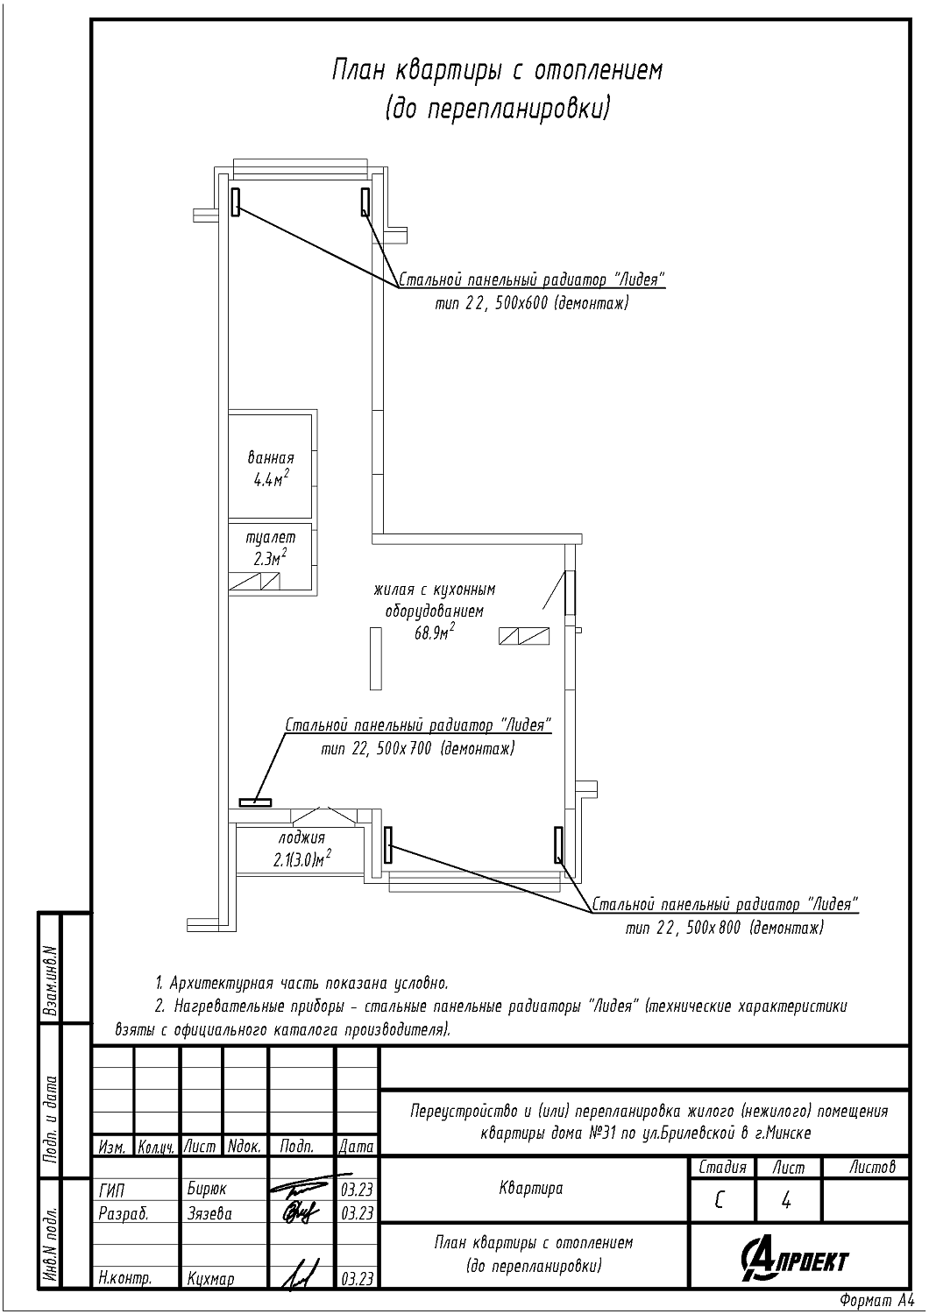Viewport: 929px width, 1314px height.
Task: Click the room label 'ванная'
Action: [x=271, y=458]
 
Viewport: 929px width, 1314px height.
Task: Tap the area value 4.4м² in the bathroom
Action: [x=271, y=479]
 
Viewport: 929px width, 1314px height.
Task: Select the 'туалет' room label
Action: [x=271, y=537]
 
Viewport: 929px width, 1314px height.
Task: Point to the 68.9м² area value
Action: [x=434, y=632]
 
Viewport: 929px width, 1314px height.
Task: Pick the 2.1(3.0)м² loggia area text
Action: [x=301, y=859]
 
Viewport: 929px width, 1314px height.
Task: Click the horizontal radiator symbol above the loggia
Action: [x=255, y=802]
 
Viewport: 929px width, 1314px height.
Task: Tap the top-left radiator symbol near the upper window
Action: [x=235, y=201]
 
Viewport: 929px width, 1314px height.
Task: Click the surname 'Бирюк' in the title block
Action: [x=207, y=1190]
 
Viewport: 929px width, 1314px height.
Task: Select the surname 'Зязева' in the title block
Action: [x=209, y=1213]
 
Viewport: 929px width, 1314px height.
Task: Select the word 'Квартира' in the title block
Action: [x=531, y=1189]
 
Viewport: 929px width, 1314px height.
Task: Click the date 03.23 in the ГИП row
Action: [x=357, y=1190]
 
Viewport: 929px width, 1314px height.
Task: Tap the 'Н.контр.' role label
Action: [x=125, y=1279]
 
